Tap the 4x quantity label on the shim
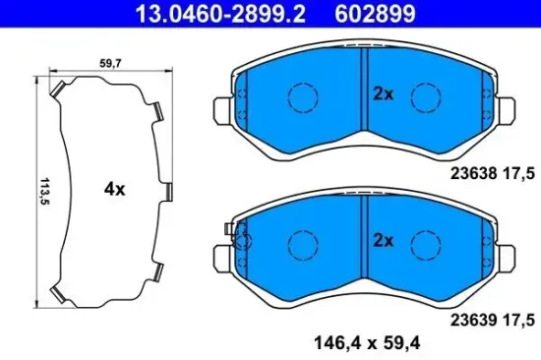tap(114, 190)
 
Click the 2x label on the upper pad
tap(383, 94)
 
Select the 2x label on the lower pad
tap(383, 240)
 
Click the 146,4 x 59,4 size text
tap(353, 342)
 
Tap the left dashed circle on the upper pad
tap(300, 96)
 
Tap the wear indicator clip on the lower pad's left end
tap(233, 233)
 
